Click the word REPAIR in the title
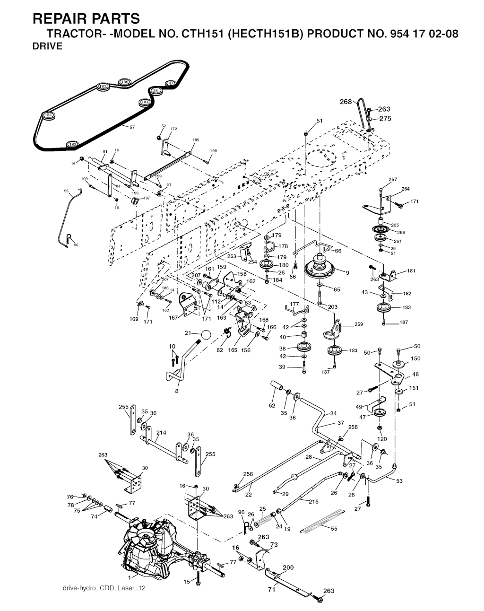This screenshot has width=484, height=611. click(x=59, y=19)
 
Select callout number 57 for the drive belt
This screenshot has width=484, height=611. click(x=132, y=127)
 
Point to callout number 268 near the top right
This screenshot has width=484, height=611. click(x=346, y=102)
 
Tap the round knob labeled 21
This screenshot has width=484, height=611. click(x=206, y=334)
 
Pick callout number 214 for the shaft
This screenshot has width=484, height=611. click(x=161, y=432)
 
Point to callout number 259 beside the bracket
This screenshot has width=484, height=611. click(x=358, y=325)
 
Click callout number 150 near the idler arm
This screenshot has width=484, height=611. click(x=415, y=358)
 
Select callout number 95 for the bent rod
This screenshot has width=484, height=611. click(x=66, y=191)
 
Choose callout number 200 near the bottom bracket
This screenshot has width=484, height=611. click(x=288, y=567)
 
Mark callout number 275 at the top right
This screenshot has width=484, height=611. click(x=386, y=119)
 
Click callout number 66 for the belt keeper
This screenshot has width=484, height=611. click(x=338, y=251)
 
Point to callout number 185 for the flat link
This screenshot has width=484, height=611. click(x=196, y=140)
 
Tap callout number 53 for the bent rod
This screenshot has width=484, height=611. click(x=399, y=480)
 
